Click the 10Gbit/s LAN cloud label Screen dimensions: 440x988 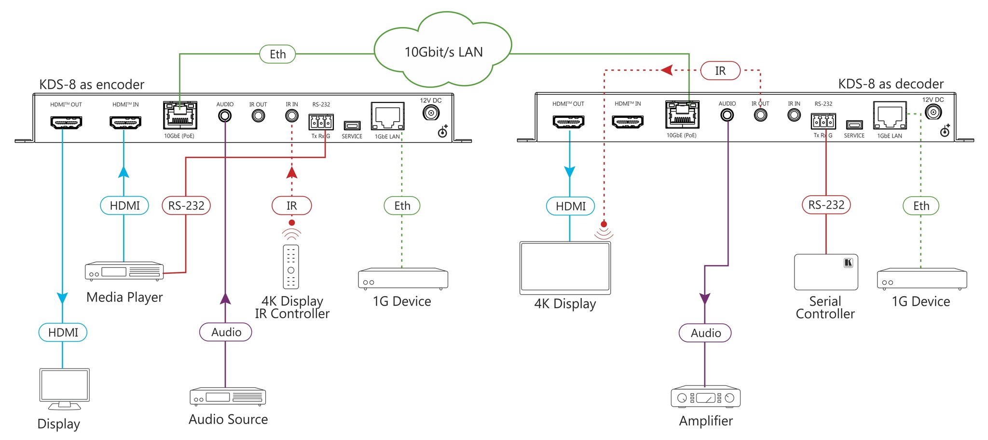(x=443, y=52)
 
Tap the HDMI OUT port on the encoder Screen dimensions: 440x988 (x=66, y=122)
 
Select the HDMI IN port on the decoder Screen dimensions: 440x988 (x=627, y=121)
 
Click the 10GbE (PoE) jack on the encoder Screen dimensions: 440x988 (x=180, y=115)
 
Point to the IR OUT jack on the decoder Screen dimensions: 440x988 (x=760, y=115)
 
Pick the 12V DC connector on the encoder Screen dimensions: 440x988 (x=430, y=113)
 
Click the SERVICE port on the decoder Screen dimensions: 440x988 (x=854, y=125)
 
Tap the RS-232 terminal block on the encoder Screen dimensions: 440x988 (x=321, y=122)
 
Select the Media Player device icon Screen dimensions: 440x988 (x=124, y=271)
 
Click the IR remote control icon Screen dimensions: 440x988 (x=291, y=267)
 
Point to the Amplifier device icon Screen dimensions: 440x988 (x=705, y=397)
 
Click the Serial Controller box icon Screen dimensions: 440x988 (x=825, y=272)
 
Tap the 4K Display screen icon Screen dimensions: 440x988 (x=565, y=268)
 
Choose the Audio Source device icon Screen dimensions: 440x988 (x=228, y=397)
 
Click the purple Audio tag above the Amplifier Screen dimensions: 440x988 (x=705, y=333)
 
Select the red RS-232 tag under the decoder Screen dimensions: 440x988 (x=826, y=205)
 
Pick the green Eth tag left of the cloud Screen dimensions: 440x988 (x=277, y=54)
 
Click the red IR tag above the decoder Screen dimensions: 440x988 (x=720, y=71)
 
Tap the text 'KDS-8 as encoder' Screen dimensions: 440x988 (x=92, y=85)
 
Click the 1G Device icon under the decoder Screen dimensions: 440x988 (x=921, y=279)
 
